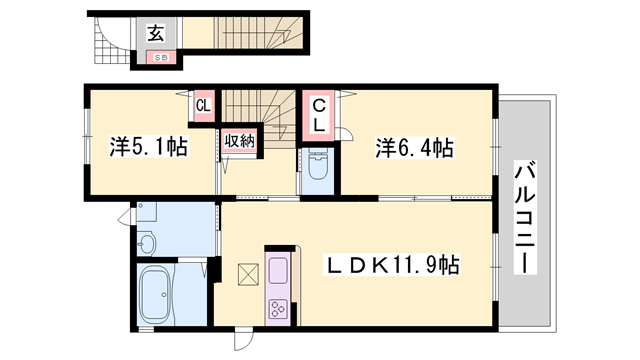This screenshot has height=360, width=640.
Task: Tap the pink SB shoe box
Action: (160, 57)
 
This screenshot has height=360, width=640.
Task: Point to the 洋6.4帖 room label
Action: (413, 148)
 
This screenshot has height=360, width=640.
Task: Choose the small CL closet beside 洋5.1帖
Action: (204, 105)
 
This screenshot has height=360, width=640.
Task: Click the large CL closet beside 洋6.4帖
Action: (317, 116)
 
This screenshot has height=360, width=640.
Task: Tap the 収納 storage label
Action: (240, 141)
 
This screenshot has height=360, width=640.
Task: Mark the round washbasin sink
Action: (148, 243)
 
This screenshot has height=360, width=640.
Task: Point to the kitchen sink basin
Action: (277, 267)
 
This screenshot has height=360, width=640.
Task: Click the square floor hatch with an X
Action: (246, 273)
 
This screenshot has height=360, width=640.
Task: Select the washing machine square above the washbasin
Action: (148, 214)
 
